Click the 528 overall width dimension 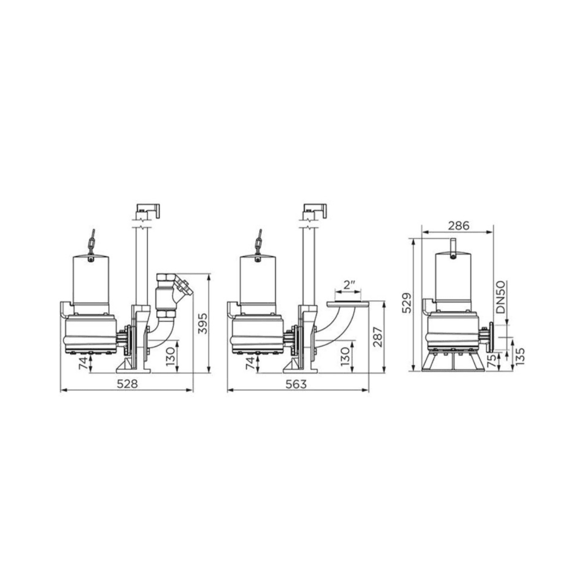[x=127, y=384]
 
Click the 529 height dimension [x=407, y=303]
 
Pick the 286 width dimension [x=458, y=226]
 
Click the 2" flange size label [x=348, y=285]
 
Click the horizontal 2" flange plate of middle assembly [x=347, y=304]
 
